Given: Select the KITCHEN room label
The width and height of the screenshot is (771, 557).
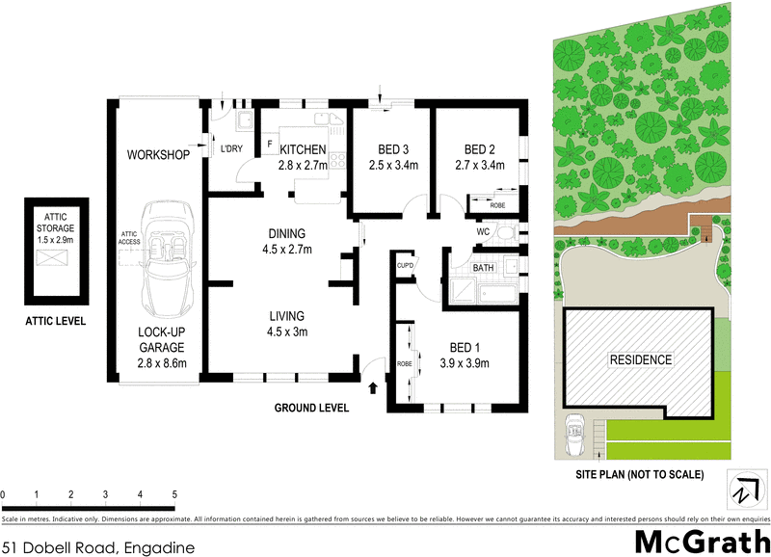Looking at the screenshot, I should (x=303, y=149).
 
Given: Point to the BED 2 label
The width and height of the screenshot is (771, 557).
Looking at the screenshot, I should (x=479, y=149).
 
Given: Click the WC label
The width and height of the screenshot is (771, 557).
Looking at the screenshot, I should (x=484, y=232).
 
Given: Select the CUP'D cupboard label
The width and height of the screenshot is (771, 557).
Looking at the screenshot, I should (x=405, y=264).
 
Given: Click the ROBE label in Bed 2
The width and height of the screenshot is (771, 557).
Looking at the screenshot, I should (x=497, y=205).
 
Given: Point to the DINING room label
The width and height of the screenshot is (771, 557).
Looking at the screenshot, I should (x=287, y=233).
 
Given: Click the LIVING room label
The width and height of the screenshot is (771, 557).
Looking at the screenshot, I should (x=287, y=315).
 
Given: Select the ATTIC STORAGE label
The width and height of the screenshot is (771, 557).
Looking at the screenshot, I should (x=54, y=222).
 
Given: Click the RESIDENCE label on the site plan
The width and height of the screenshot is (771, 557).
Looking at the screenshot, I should (x=640, y=360).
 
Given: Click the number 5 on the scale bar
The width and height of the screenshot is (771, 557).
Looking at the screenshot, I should (x=174, y=495).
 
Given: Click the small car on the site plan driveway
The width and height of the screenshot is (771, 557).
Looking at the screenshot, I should (x=576, y=427).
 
